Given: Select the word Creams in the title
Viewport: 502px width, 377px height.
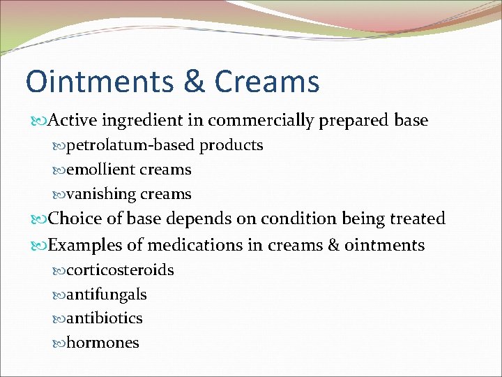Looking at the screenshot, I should (x=267, y=81).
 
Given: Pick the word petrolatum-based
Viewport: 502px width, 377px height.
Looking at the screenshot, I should (x=132, y=145).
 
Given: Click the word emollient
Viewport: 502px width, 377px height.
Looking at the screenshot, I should (x=100, y=170).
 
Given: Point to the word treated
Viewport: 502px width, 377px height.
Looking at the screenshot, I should (x=416, y=219).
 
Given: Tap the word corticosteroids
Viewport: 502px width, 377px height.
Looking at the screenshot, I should (x=120, y=269).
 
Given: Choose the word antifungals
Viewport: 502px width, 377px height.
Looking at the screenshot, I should (x=106, y=294).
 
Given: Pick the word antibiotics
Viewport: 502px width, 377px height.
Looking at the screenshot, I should (x=105, y=318).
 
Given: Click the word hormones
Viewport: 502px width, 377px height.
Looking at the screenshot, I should (x=102, y=343).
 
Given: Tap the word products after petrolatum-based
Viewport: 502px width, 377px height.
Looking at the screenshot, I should (x=231, y=145).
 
